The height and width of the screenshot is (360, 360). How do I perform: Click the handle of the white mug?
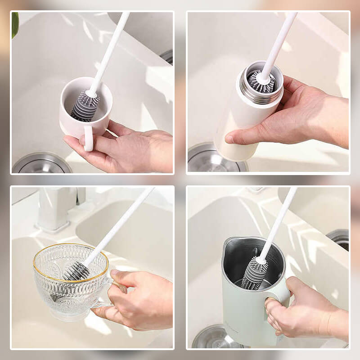click(89, 138)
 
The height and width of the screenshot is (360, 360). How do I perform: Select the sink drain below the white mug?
click(41, 165)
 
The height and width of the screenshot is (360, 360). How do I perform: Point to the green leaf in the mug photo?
click(15, 25)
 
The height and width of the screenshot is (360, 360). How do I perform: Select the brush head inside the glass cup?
click(74, 271)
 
